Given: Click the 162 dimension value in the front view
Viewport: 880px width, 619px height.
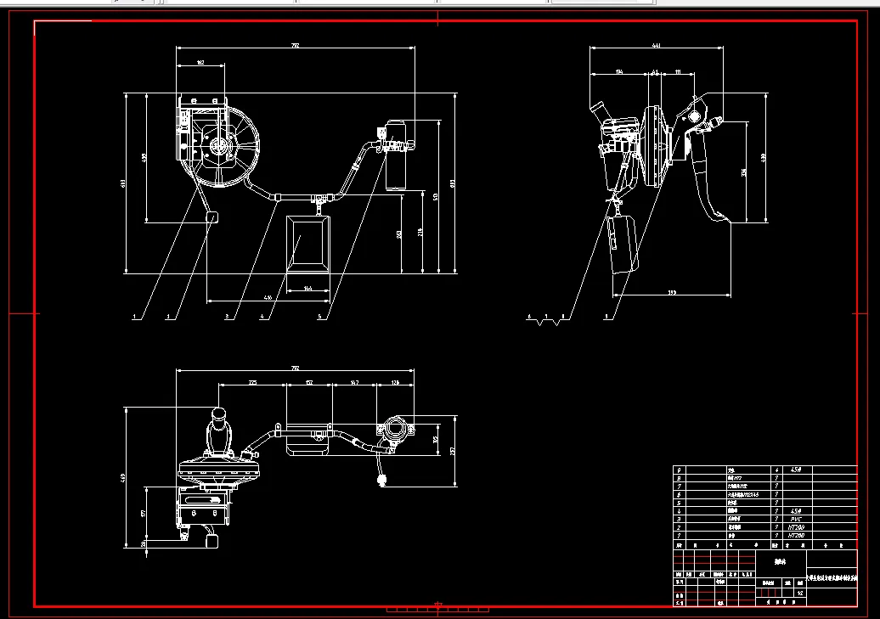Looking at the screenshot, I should coord(200,63).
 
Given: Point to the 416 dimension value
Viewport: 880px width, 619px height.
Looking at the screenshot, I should coord(268,298).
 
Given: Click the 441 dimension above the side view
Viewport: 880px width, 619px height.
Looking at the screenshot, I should coord(656,45).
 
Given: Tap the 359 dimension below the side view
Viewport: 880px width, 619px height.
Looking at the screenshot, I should coord(672,293).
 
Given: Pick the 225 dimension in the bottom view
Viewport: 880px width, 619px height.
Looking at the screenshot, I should coord(252,384).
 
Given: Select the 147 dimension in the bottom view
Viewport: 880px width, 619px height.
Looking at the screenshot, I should coord(354,384).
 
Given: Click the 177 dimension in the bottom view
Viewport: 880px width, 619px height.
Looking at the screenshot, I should coord(144,513).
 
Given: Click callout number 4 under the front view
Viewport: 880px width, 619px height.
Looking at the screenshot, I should coord(262,318).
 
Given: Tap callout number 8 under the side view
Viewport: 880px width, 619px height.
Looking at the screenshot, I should coord(561,317).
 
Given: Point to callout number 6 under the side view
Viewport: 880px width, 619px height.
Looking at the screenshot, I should coord(528,317).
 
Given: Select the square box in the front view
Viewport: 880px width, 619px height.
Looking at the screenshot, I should coord(307,241).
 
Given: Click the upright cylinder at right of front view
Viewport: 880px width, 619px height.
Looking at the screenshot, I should coord(396,153).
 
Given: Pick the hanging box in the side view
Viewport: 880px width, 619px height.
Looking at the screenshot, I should coord(623,244).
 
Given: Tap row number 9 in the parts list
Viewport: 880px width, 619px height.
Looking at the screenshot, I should coord(678,470).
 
